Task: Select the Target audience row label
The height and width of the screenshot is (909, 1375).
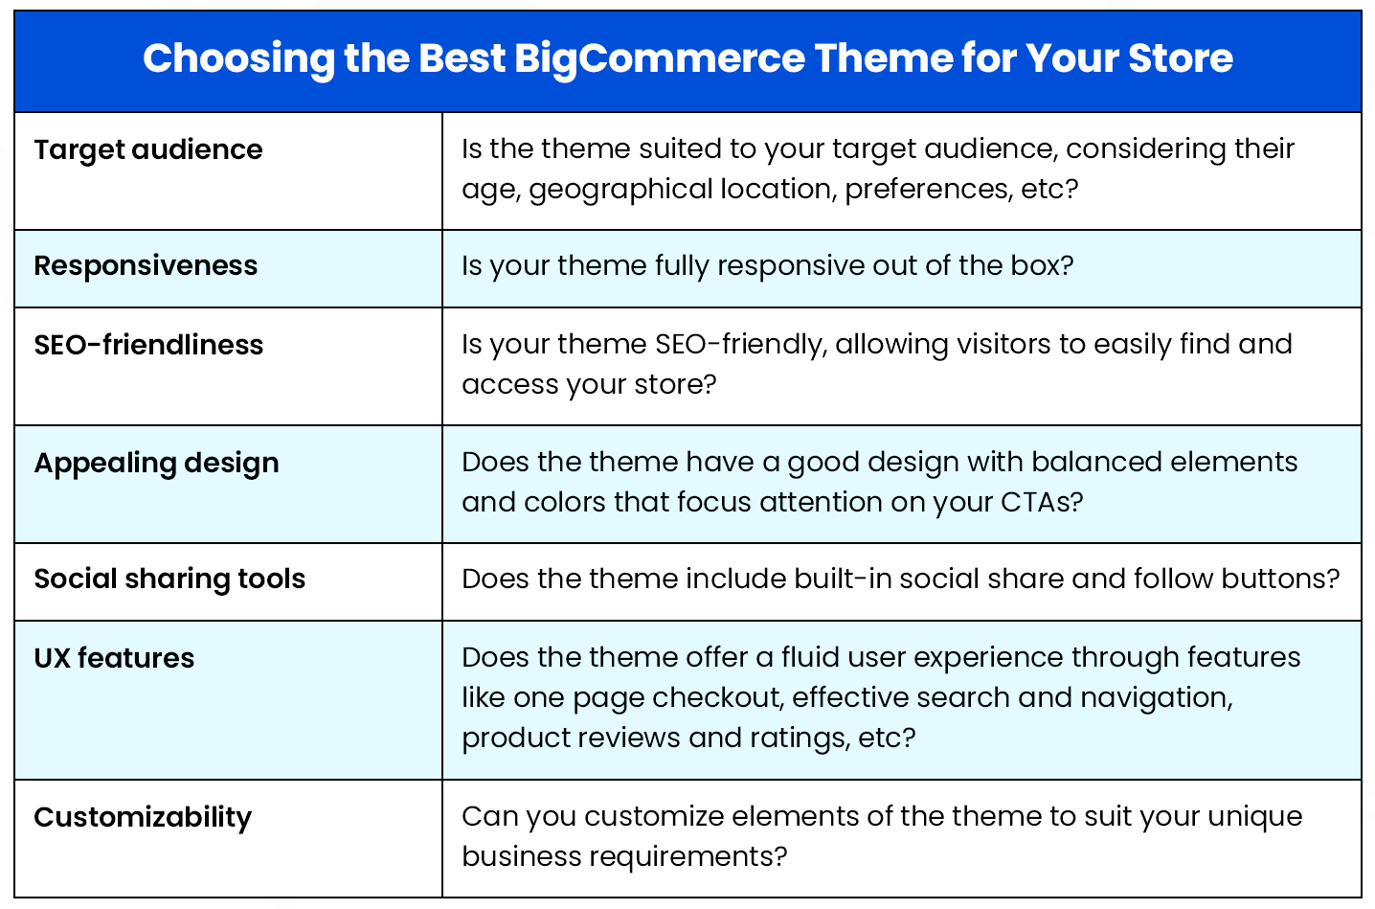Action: point(148,150)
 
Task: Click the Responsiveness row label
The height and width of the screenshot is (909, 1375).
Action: point(146,265)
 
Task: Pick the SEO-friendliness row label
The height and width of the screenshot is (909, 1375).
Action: point(148,345)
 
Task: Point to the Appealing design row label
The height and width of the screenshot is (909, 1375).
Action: point(156,464)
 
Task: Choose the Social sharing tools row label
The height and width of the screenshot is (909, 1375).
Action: point(169,579)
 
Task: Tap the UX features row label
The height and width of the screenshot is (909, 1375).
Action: point(114,658)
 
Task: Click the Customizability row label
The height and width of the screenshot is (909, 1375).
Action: point(143,817)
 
